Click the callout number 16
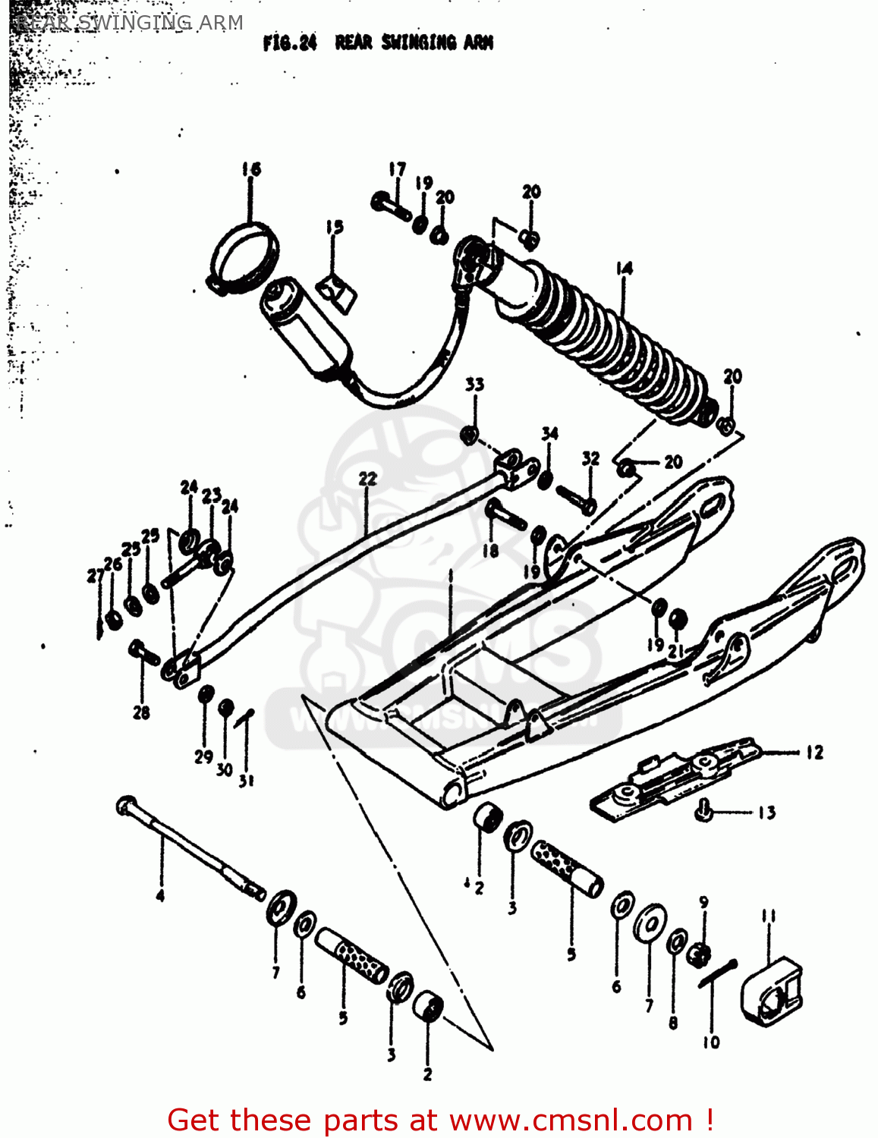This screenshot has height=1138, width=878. click(251, 168)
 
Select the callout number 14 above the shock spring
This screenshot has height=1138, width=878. click(624, 268)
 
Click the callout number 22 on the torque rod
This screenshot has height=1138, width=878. click(367, 478)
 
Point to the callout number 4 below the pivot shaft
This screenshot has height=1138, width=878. click(160, 896)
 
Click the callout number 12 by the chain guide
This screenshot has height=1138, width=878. click(814, 753)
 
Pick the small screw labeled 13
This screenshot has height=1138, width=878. click(703, 813)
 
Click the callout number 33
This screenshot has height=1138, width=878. click(474, 384)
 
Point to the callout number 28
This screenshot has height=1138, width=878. click(141, 712)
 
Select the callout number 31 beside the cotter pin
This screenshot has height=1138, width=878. click(247, 779)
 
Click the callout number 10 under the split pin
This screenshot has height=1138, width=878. click(711, 1042)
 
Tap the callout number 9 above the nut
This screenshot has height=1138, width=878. click(703, 902)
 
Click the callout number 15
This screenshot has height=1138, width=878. click(335, 226)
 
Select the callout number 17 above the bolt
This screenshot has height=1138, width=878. click(397, 168)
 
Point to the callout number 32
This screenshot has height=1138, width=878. click(590, 458)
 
